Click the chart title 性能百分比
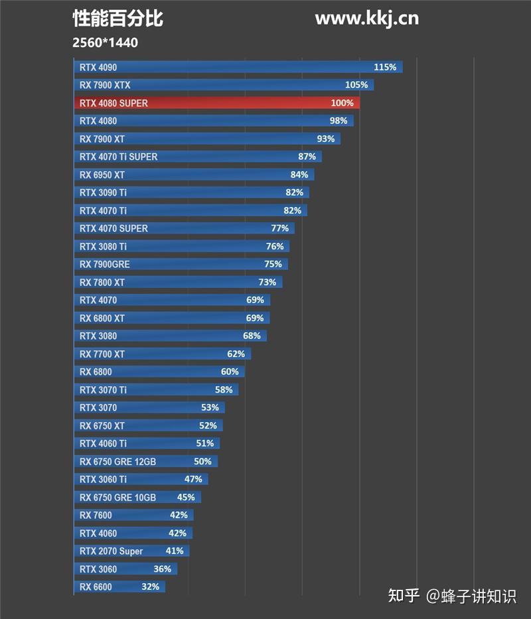tap(117, 19)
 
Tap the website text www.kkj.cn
tap(366, 18)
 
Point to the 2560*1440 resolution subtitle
tap(106, 42)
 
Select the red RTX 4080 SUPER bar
tap(216, 103)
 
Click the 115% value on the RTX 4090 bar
tap(385, 67)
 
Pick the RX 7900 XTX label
tap(105, 85)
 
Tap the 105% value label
tap(356, 85)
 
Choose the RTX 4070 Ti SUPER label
tap(118, 157)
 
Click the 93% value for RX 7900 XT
tap(326, 139)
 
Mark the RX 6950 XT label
tap(102, 174)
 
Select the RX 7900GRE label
tap(104, 264)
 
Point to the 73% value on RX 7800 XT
tap(267, 282)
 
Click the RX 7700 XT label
tap(102, 354)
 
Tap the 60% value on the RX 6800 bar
tap(230, 372)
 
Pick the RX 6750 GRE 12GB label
tap(117, 461)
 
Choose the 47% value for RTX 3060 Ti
tap(193, 479)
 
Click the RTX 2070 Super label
tap(111, 551)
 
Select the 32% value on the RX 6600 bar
tap(151, 586)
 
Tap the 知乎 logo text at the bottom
tap(404, 595)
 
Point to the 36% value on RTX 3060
tap(162, 569)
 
